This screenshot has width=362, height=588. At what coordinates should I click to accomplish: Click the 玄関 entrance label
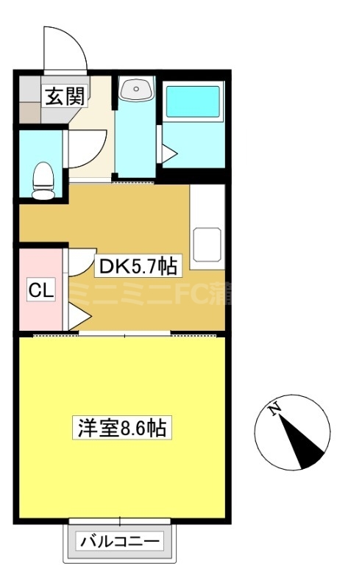click(64, 96)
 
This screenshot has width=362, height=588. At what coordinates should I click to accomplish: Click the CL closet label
click(41, 290)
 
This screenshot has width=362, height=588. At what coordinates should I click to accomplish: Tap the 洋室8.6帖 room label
click(121, 428)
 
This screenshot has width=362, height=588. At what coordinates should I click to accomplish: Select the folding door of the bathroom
click(168, 151)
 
